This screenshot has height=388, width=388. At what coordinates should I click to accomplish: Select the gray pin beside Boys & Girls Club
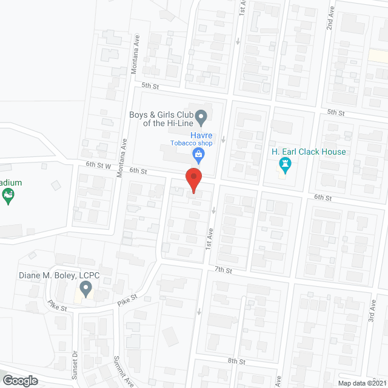[202, 115]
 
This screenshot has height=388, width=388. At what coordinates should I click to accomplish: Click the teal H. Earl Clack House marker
[283, 164]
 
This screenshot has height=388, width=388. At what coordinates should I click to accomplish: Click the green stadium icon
[8, 196]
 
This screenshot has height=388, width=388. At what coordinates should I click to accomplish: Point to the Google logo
[20, 381]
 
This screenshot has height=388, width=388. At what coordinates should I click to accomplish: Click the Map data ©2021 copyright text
[362, 383]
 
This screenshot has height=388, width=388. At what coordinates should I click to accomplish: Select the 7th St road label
[223, 269]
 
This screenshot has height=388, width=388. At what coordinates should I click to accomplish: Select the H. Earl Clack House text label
[317, 152]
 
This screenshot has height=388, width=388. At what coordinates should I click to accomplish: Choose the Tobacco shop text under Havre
[191, 144]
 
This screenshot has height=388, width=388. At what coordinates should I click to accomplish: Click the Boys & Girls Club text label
[162, 118]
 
